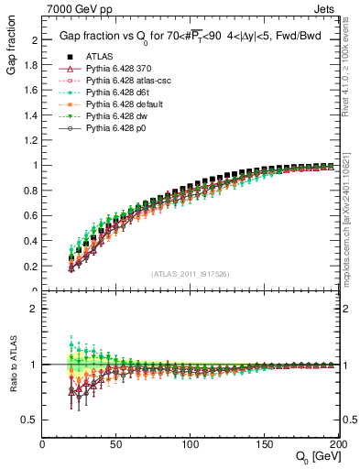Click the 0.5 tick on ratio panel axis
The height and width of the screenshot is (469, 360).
pyautogui.click(x=31, y=420)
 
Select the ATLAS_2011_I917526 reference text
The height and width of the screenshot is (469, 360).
pyautogui.click(x=191, y=275)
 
